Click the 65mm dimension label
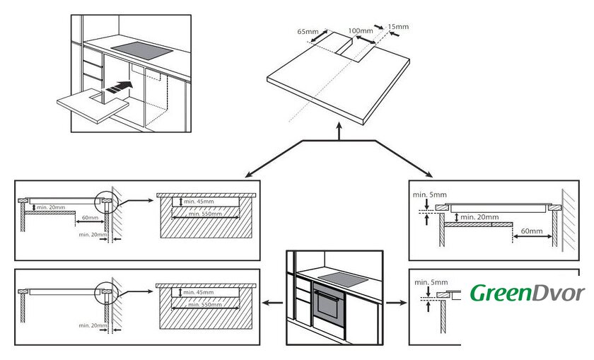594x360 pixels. pyautogui.click(x=308, y=32)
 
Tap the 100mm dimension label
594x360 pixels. pyautogui.click(x=361, y=31)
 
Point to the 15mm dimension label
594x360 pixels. pyautogui.click(x=398, y=27)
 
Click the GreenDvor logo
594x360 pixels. pyautogui.click(x=528, y=292)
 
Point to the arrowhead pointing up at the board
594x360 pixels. pyautogui.click(x=342, y=131)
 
